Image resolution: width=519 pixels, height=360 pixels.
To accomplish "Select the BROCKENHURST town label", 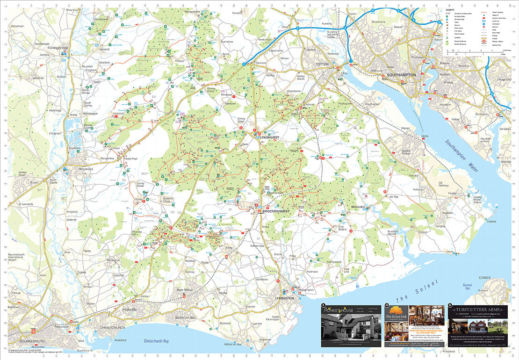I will pyautogui.click(x=277, y=211).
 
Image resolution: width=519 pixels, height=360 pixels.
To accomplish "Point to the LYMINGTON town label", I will pyautogui.click(x=285, y=298).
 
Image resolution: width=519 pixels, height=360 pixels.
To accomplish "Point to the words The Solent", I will pyautogui.click(x=417, y=290).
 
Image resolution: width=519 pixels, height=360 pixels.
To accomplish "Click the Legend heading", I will pyautogui.click(x=450, y=10).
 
